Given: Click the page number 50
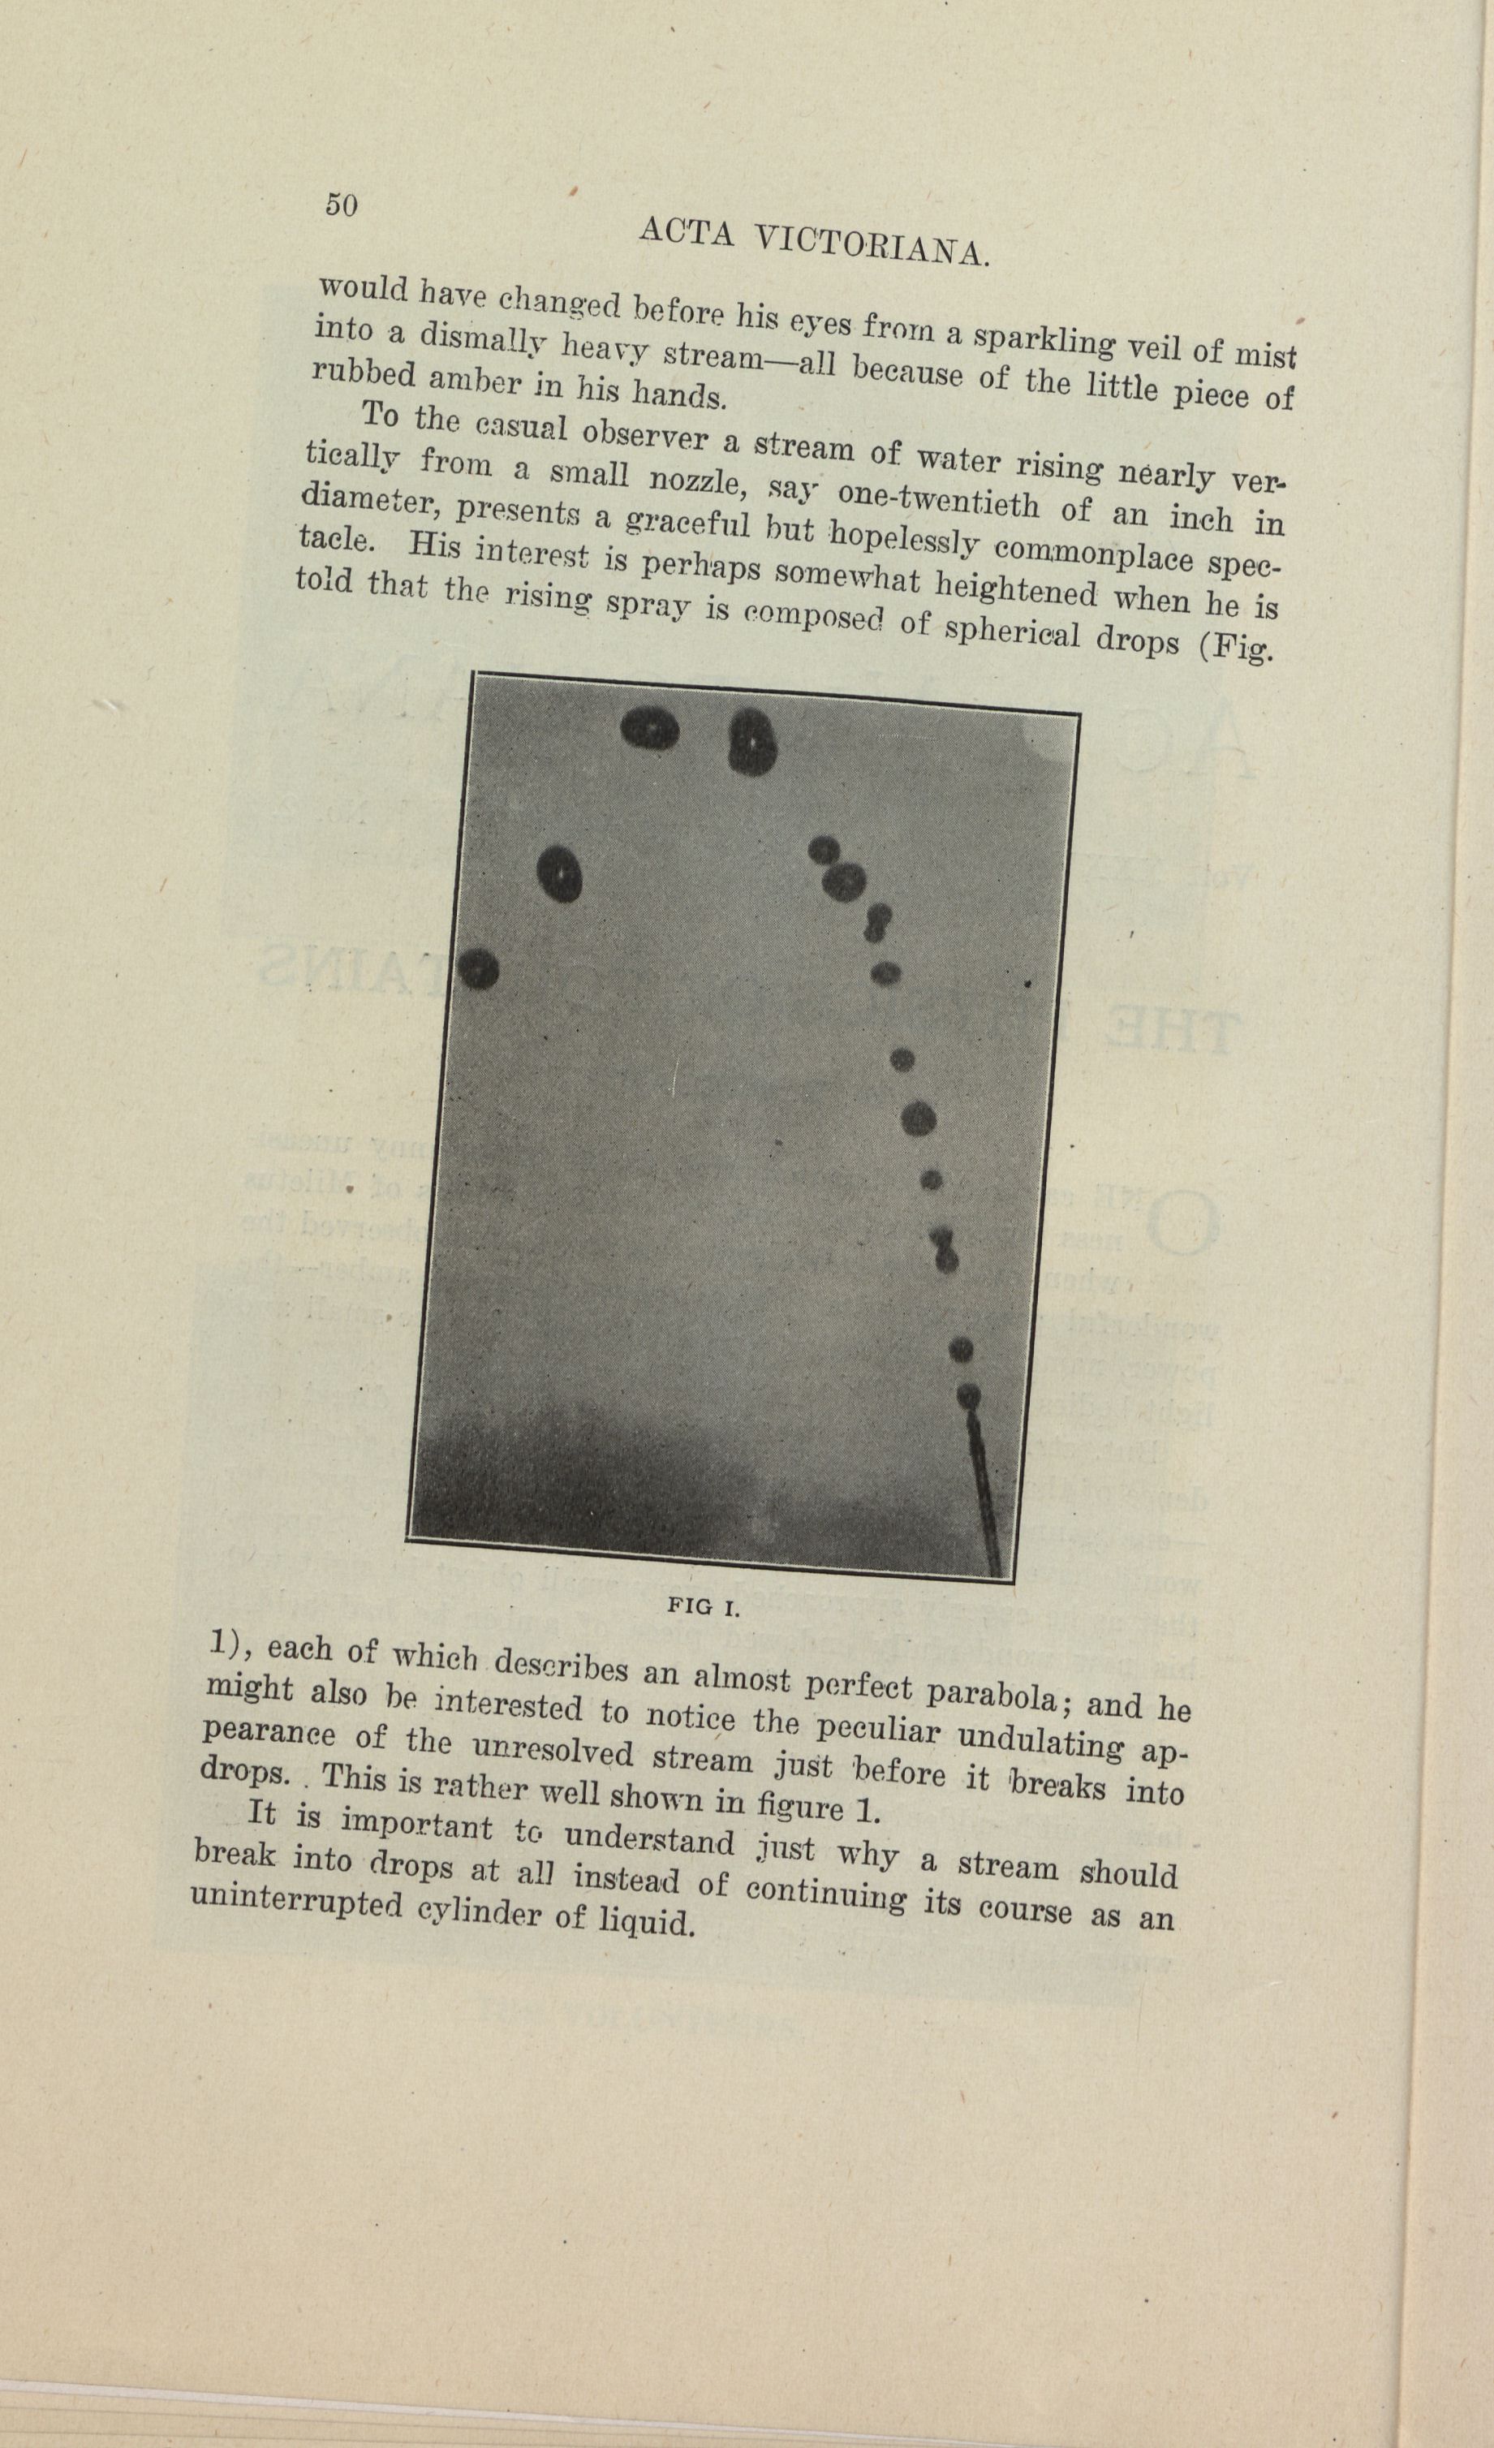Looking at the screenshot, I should click(341, 205).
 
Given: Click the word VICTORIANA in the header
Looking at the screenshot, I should click(872, 245).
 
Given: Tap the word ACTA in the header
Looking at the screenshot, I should click(687, 231).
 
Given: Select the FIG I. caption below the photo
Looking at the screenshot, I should click(704, 1607).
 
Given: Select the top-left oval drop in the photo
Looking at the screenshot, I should click(650, 731).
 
